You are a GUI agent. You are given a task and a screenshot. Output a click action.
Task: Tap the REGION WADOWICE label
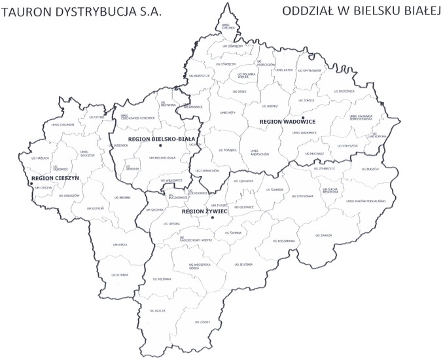click(x=288, y=122)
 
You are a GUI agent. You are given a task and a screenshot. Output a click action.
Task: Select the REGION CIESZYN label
click(x=54, y=178)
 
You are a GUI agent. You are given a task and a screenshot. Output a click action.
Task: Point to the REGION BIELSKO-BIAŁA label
click(x=156, y=139)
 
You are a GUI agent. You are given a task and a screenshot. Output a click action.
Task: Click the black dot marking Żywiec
click(x=213, y=217)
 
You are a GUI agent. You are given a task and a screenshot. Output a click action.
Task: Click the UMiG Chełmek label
click(x=228, y=27)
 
